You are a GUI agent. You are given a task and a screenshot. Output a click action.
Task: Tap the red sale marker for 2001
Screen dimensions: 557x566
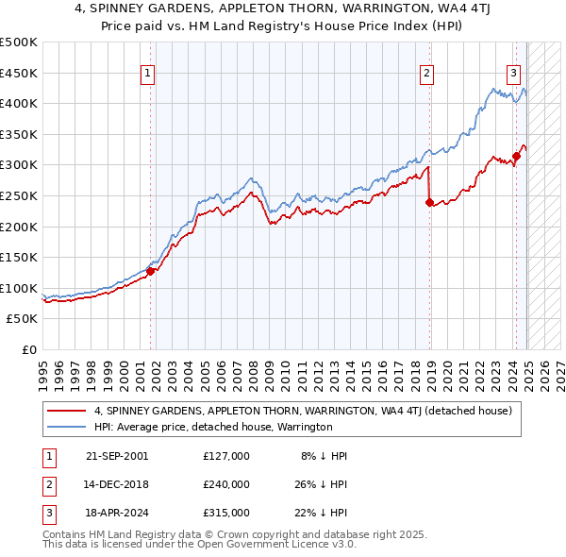pos(150,271)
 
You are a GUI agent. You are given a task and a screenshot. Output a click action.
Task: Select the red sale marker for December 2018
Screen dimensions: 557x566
pos(429,201)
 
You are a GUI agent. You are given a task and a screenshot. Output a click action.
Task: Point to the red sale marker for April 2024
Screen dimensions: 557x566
pos(516,156)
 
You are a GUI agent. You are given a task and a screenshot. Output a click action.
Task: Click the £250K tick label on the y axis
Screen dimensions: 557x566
pos(20,195)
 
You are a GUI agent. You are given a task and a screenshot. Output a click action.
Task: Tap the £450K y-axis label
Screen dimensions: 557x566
pos(20,73)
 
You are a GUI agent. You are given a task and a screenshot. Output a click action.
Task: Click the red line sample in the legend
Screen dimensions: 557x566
pos(67,411)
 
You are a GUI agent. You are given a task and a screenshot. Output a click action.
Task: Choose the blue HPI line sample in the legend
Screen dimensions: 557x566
pos(67,427)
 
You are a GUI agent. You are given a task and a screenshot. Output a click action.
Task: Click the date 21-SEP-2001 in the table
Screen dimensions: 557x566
pos(117,456)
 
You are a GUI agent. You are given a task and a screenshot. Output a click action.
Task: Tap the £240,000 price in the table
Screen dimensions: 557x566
pos(226,484)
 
